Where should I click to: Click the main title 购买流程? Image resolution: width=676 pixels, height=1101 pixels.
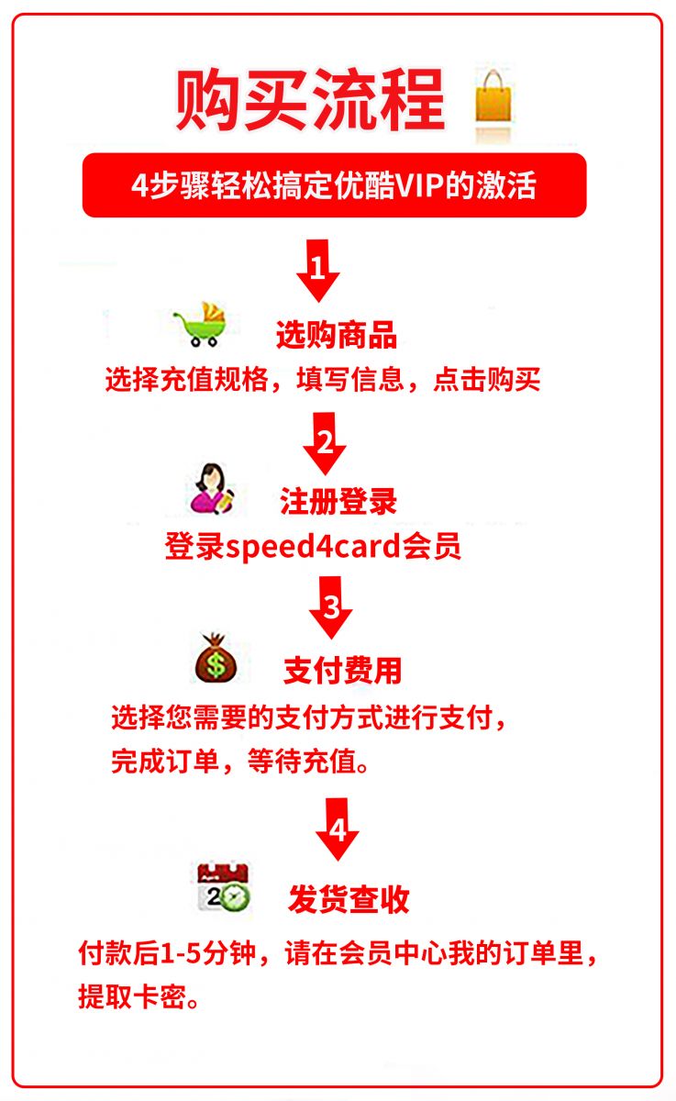pyautogui.click(x=311, y=100)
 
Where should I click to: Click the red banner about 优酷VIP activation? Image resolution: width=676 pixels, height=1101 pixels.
pyautogui.click(x=334, y=185)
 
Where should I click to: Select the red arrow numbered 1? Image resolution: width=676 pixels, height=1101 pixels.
pyautogui.click(x=318, y=271)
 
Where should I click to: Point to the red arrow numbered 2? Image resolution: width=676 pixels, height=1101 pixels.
pyautogui.click(x=325, y=443)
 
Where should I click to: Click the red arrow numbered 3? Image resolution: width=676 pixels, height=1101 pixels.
pyautogui.click(x=330, y=607)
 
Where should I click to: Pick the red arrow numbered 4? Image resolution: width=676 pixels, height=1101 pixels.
pyautogui.click(x=338, y=829)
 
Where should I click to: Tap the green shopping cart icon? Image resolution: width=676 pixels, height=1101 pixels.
pyautogui.click(x=201, y=324)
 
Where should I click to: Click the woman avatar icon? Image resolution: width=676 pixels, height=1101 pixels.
pyautogui.click(x=212, y=489)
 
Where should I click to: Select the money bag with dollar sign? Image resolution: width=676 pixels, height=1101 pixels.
pyautogui.click(x=216, y=658)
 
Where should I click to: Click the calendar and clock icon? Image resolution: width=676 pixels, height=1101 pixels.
pyautogui.click(x=224, y=888)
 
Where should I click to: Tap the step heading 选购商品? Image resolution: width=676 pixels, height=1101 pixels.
pyautogui.click(x=337, y=335)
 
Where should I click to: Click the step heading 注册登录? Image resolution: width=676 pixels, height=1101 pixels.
pyautogui.click(x=338, y=501)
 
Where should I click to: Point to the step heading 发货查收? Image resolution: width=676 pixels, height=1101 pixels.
pyautogui.click(x=349, y=899)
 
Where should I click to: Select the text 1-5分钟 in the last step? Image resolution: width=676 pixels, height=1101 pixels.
pyautogui.click(x=208, y=953)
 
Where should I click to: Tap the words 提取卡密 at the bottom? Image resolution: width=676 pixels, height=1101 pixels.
pyautogui.click(x=132, y=996)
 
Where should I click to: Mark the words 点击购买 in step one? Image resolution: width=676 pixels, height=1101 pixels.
pyautogui.click(x=486, y=379)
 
